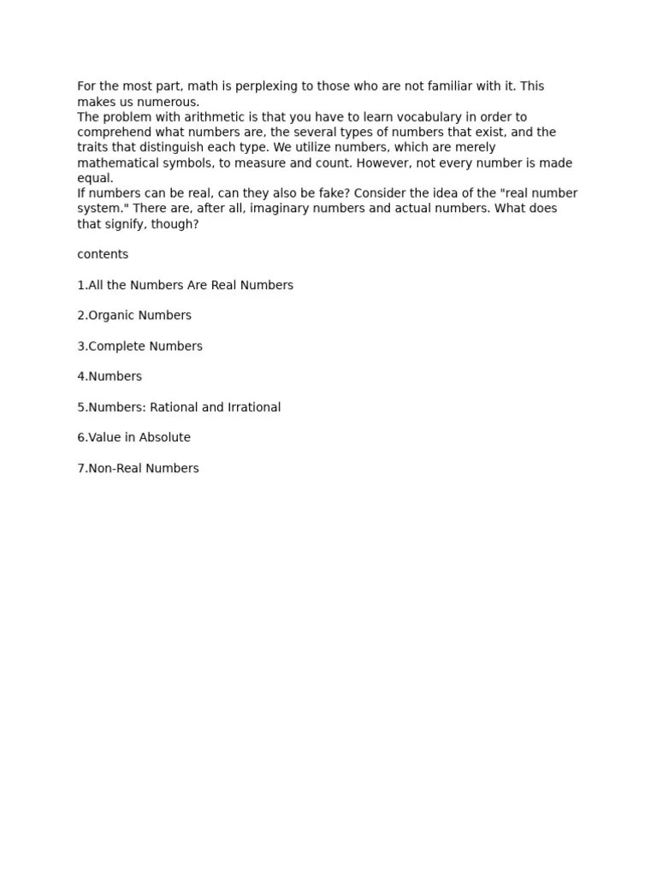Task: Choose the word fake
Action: pyautogui.click(x=323, y=193)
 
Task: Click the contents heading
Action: pyautogui.click(x=103, y=255)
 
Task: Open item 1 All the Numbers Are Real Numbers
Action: pyautogui.click(x=185, y=285)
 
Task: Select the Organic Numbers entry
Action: pyautogui.click(x=134, y=316)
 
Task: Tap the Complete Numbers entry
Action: pyautogui.click(x=139, y=346)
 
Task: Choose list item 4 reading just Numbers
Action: pyautogui.click(x=109, y=376)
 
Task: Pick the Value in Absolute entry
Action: pyautogui.click(x=133, y=438)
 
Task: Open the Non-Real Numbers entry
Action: pyautogui.click(x=138, y=469)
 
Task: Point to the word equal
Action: pyautogui.click(x=95, y=179)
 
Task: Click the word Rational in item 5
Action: pyautogui.click(x=174, y=407)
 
